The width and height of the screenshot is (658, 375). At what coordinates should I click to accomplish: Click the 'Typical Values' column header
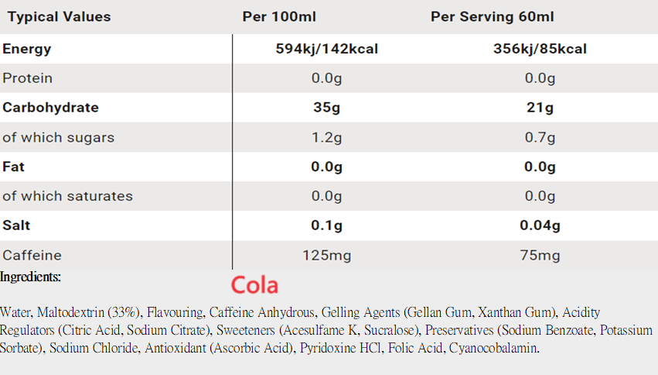[x=60, y=17]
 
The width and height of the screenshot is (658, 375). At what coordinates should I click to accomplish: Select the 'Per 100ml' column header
[x=279, y=17]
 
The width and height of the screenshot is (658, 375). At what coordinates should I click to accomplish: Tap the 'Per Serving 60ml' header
[x=492, y=17]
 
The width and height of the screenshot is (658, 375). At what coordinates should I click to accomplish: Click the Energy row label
[x=27, y=49]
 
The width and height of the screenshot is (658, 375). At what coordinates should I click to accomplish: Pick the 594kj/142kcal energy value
[x=326, y=49]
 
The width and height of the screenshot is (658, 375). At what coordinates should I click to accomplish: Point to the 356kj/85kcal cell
[x=540, y=49]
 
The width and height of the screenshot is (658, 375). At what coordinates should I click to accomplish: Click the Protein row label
[x=28, y=78]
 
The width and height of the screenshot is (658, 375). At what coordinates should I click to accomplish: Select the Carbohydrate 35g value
[x=326, y=108]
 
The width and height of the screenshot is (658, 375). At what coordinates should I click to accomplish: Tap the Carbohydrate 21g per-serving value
[x=540, y=108]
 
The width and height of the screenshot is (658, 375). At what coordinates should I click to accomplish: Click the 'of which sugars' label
[x=58, y=137]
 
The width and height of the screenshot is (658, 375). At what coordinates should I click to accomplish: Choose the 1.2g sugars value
[x=326, y=137]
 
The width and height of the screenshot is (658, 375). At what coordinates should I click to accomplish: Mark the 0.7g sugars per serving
[x=540, y=137]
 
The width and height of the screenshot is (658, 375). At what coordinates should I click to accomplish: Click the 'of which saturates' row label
[x=67, y=196]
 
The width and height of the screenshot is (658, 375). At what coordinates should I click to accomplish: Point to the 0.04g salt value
[x=540, y=225]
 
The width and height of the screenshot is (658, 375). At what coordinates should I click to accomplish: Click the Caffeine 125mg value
[x=326, y=255]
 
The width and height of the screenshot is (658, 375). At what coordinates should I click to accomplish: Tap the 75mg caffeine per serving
[x=540, y=255]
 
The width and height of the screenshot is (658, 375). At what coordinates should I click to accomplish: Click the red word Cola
[x=254, y=285]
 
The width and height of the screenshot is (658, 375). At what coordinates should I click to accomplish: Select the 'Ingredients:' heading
[x=30, y=277]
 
